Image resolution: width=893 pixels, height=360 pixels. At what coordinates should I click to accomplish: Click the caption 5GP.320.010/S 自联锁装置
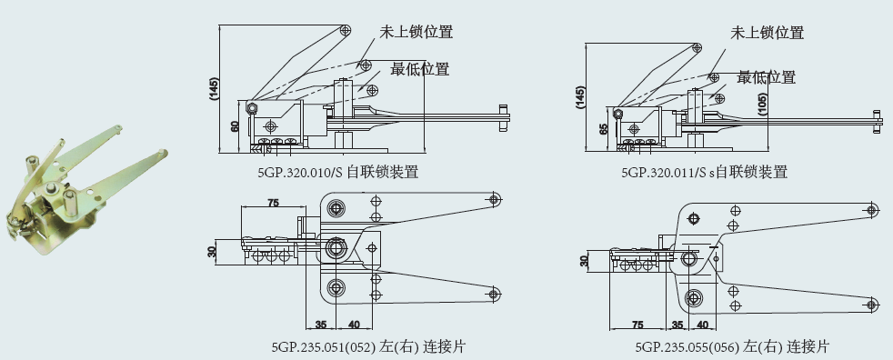pyautogui.click(x=337, y=172)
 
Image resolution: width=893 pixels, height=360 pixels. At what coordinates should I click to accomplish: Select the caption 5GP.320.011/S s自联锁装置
pyautogui.click(x=705, y=172)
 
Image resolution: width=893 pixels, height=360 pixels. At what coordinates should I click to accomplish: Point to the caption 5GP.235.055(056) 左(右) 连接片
pyautogui.click(x=732, y=345)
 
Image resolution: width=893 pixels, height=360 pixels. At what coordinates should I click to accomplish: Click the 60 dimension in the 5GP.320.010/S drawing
pyautogui.click(x=234, y=126)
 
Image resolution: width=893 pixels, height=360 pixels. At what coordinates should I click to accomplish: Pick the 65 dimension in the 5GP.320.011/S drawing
pyautogui.click(x=604, y=128)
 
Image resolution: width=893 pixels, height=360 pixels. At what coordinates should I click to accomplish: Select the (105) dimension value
pyautogui.click(x=763, y=105)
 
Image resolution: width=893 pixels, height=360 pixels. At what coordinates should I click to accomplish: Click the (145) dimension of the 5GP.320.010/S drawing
pyautogui.click(x=214, y=89)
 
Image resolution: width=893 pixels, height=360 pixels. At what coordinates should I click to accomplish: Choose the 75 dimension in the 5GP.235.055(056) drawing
pyautogui.click(x=637, y=325)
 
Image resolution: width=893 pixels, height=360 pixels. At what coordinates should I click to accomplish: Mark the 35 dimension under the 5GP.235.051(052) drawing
pyautogui.click(x=321, y=325)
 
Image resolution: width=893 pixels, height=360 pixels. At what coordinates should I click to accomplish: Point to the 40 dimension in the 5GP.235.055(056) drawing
pyautogui.click(x=702, y=325)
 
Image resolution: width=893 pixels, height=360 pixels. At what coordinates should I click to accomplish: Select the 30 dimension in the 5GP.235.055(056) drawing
pyautogui.click(x=584, y=261)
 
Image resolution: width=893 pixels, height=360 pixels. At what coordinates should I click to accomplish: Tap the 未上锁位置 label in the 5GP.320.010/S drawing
pyautogui.click(x=416, y=31)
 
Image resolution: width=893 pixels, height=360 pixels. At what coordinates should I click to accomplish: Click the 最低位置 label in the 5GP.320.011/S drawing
pyautogui.click(x=767, y=77)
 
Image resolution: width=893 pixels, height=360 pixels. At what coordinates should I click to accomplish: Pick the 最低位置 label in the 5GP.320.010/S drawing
pyautogui.click(x=420, y=69)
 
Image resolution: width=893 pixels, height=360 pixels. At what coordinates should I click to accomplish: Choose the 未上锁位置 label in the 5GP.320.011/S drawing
pyautogui.click(x=768, y=33)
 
